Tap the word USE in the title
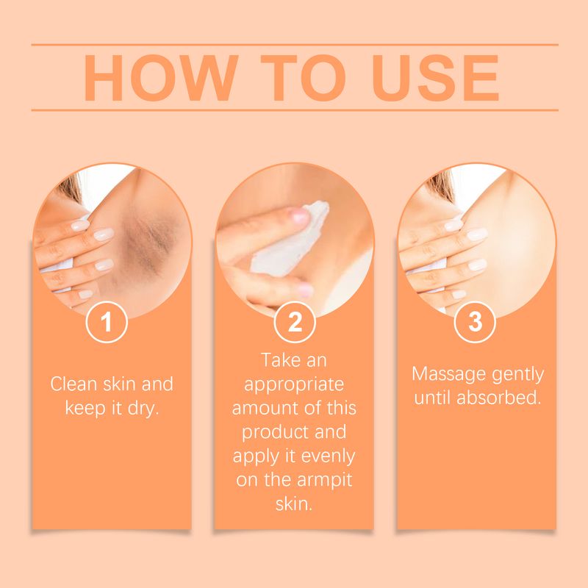click(x=429, y=77)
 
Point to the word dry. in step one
click(x=141, y=408)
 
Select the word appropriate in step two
click(x=294, y=384)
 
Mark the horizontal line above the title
click(x=294, y=44)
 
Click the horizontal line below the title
click(x=294, y=110)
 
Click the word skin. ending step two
click(x=294, y=503)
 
